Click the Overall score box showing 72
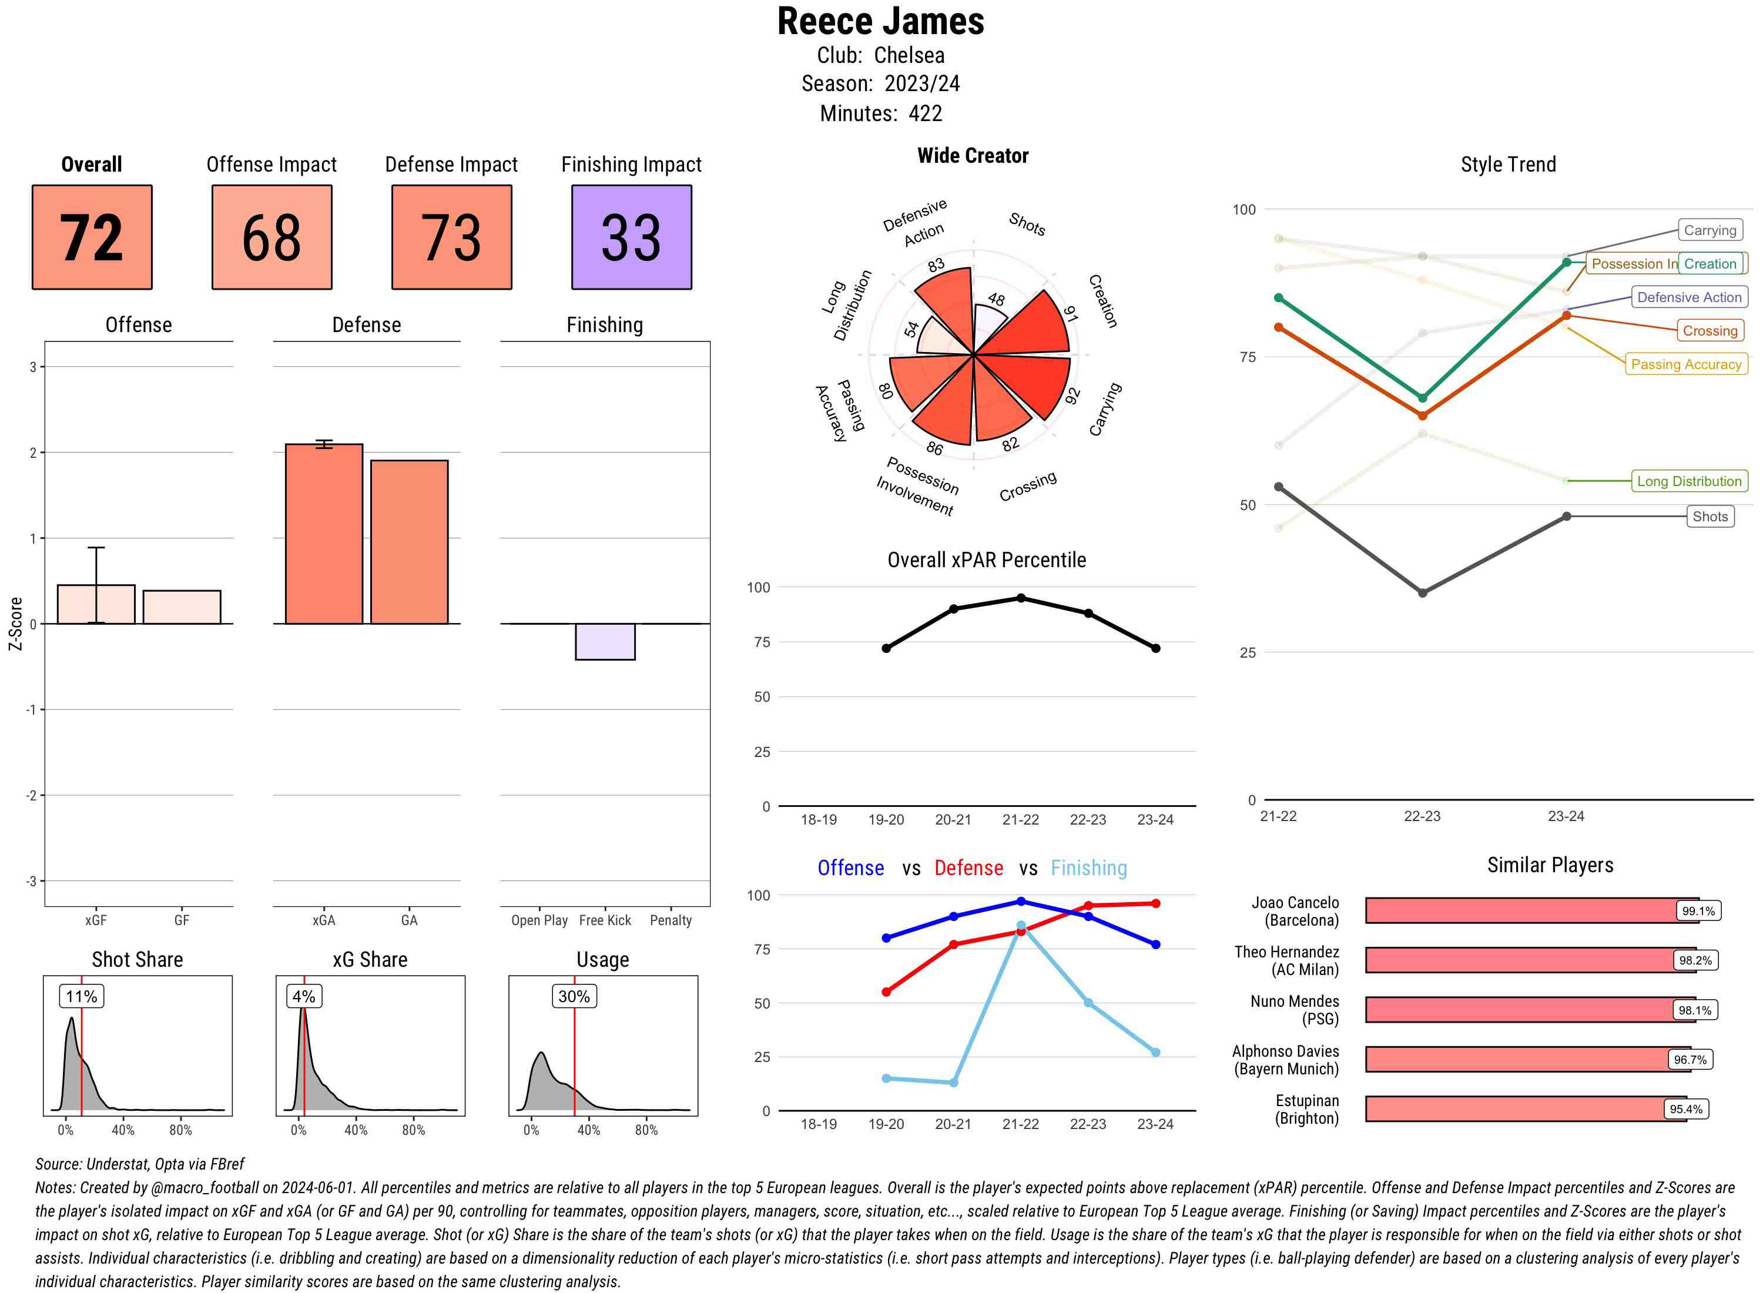(92, 237)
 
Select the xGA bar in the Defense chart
(323, 534)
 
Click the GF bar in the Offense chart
(182, 607)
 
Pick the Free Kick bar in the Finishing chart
(605, 642)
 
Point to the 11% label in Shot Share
(81, 996)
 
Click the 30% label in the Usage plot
(574, 996)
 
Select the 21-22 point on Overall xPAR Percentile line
(1020, 598)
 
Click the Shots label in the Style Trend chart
(1710, 517)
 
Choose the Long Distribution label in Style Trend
(1689, 481)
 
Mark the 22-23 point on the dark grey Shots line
(1422, 593)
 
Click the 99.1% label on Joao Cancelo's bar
(1697, 911)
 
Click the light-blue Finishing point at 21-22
(1020, 926)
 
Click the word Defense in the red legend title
(968, 868)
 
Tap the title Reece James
(880, 22)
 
